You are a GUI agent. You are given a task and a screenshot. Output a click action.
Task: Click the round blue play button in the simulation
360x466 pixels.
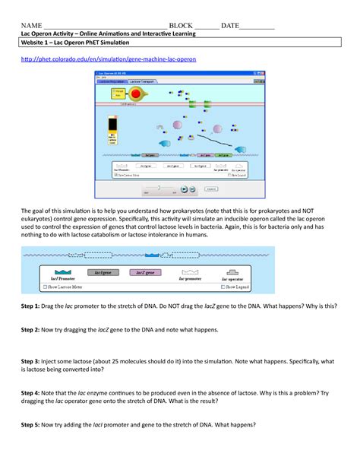[185, 189]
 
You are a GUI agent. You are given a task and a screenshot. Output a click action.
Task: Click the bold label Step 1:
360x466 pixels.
[35, 304]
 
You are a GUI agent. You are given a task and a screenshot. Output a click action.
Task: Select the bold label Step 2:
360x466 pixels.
[35, 331]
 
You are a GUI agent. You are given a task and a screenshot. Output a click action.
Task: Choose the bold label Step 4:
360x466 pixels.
[35, 393]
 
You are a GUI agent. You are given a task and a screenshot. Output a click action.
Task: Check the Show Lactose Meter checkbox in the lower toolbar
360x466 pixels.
[49, 287]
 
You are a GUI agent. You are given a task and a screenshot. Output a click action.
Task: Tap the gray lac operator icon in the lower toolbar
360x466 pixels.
[232, 271]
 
